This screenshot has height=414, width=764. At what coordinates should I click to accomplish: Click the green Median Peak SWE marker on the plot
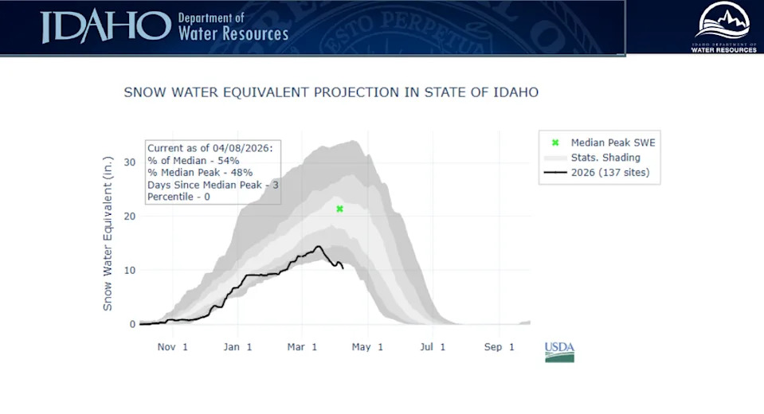point(340,209)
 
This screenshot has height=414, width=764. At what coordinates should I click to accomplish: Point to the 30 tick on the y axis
point(130,162)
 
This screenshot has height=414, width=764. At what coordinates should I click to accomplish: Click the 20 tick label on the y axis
point(130,217)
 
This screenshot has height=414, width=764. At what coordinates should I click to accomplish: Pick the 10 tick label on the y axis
point(130,271)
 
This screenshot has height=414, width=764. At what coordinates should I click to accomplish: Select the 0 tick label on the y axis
point(132,324)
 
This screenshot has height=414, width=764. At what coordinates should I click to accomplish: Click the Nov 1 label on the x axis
point(173,347)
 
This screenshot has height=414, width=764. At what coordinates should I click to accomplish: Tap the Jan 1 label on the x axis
point(237,347)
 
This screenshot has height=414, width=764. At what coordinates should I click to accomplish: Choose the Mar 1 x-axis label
point(303,347)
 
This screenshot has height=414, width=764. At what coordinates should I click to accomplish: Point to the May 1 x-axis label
point(368,347)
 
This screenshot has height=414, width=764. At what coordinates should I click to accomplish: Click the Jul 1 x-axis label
point(433,347)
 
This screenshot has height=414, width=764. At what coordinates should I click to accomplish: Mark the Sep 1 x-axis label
point(500,347)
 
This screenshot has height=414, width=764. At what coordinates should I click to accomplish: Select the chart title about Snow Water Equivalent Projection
point(331,92)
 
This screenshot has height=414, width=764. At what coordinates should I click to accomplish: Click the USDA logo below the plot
point(559,351)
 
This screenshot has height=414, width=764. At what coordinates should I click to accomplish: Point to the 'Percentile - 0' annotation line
point(179,196)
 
